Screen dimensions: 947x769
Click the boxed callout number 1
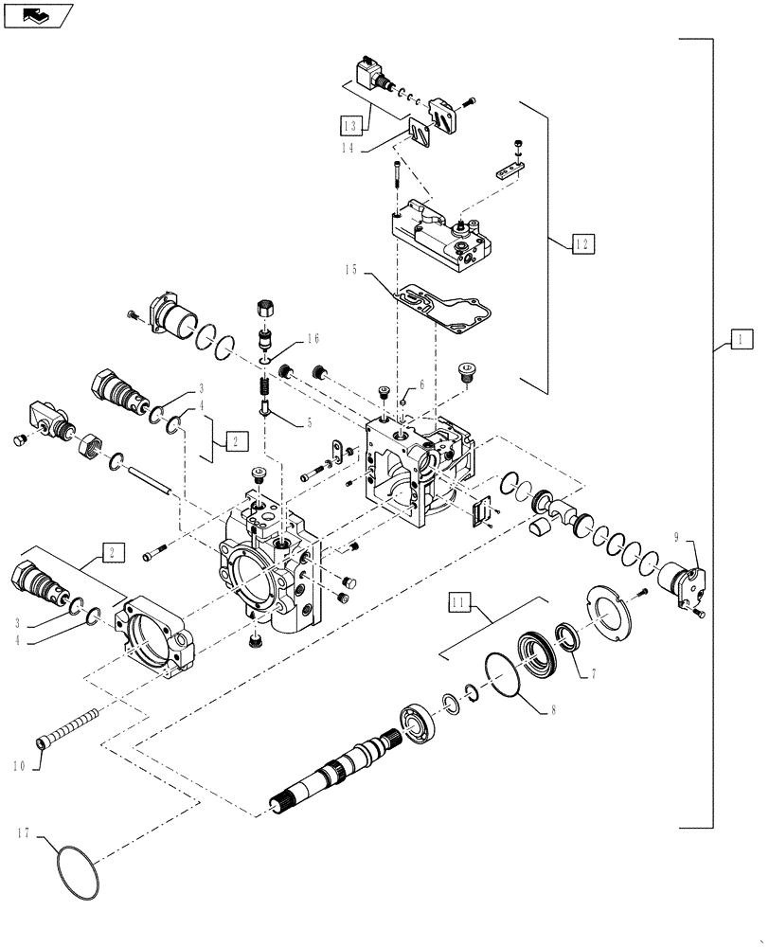[741, 338]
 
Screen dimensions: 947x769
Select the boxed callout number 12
[584, 243]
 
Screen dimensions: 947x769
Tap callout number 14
[351, 148]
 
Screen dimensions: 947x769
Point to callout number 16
[313, 341]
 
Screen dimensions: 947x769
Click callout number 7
[594, 674]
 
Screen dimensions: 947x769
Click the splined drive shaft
[350, 768]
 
